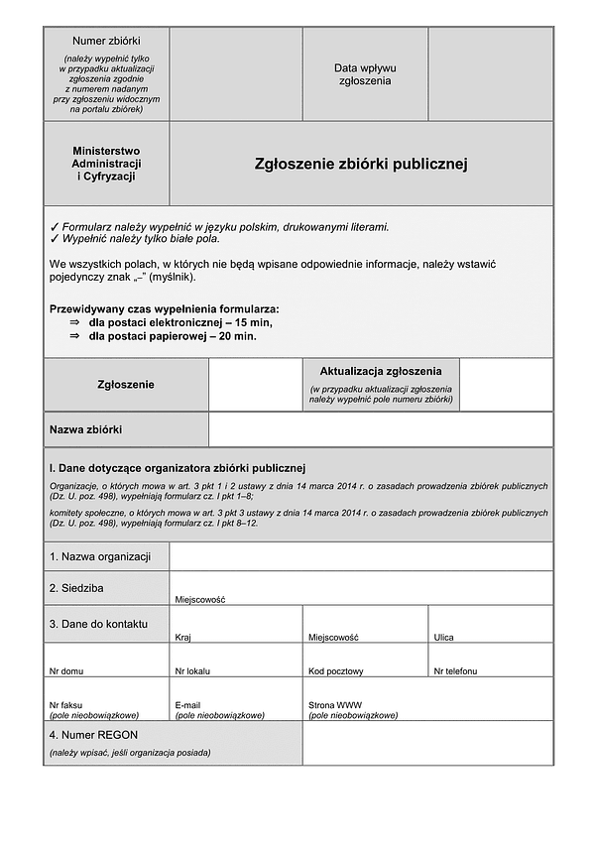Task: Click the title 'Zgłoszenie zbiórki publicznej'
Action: click(361, 164)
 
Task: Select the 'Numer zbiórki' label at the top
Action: click(105, 40)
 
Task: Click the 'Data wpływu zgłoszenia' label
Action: click(364, 74)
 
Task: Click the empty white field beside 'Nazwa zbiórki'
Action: click(381, 429)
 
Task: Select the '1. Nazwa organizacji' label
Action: click(99, 556)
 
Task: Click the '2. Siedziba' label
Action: click(76, 588)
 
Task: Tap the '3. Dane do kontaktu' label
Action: click(98, 624)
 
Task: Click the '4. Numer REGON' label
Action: click(95, 735)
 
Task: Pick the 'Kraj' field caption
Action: click(182, 638)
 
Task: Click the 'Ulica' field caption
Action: click(443, 638)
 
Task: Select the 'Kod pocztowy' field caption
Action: click(335, 671)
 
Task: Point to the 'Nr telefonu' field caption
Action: click(456, 671)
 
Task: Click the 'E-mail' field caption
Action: click(188, 705)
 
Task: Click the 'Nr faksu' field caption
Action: click(65, 705)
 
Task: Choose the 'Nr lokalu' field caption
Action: click(192, 671)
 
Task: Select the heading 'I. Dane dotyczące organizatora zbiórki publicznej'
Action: click(178, 467)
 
